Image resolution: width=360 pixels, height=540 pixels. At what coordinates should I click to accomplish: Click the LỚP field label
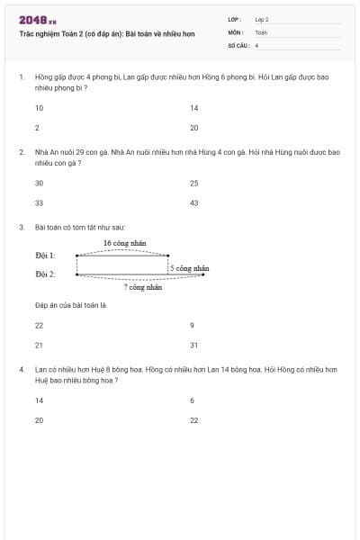pos(235,18)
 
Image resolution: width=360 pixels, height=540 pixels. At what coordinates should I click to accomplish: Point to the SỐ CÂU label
pos(238,44)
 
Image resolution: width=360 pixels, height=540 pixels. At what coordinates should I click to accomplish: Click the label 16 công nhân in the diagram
pos(124,244)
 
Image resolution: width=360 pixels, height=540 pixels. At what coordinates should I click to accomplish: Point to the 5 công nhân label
pos(190,268)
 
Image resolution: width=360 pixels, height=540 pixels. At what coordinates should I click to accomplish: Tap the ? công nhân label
pos(142,288)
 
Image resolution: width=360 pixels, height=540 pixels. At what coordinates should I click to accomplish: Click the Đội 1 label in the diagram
pos(45,256)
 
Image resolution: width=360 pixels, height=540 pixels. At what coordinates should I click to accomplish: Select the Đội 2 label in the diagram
pos(45,274)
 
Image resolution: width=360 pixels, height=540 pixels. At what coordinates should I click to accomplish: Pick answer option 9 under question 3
pos(192,325)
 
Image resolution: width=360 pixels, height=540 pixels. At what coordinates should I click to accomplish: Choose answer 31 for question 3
pos(193,345)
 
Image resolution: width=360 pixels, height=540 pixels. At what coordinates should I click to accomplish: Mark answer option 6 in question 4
pos(192,400)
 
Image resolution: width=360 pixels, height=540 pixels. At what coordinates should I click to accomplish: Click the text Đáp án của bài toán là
pos(70,306)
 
